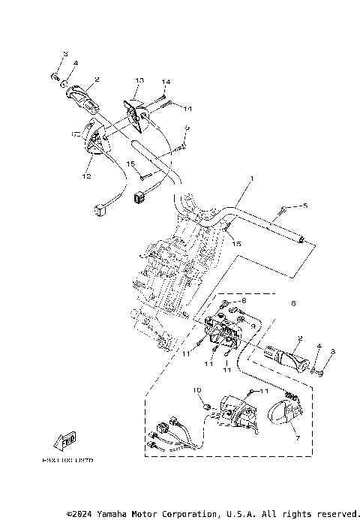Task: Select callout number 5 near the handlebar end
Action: [305, 205]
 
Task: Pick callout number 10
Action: [197, 390]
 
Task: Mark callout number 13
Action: [139, 80]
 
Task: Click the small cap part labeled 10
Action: [205, 407]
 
